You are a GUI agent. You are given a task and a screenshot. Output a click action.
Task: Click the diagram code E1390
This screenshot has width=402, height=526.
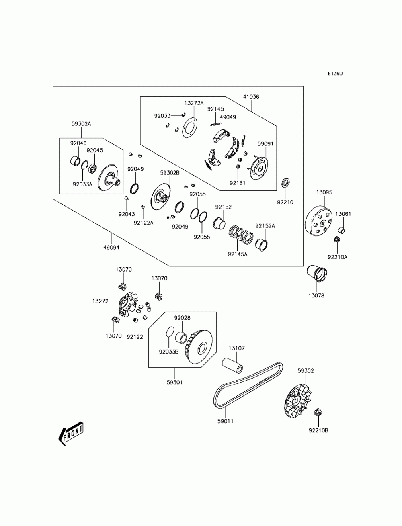pyautogui.click(x=335, y=74)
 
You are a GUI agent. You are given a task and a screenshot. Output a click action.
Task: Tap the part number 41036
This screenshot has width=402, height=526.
pyautogui.click(x=251, y=97)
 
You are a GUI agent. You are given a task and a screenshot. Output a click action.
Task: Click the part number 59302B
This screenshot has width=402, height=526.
pyautogui.click(x=170, y=173)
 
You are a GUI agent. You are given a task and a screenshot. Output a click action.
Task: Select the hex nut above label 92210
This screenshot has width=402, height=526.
pyautogui.click(x=285, y=183)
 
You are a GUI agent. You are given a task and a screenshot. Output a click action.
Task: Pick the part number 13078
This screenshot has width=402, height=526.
pyautogui.click(x=316, y=296)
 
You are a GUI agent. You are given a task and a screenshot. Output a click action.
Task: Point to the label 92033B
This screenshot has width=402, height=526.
pyautogui.click(x=169, y=352)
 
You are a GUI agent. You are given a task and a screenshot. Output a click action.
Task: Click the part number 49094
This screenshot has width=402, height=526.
pyautogui.click(x=111, y=247)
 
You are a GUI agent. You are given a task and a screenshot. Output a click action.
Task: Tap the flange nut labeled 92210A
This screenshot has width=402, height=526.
pyautogui.click(x=337, y=239)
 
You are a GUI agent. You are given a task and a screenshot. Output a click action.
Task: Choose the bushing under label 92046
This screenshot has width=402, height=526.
pyautogui.click(x=75, y=161)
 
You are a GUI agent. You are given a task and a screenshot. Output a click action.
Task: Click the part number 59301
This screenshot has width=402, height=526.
pyautogui.click(x=174, y=383)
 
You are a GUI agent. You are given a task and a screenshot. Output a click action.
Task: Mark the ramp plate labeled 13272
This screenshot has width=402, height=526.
pyautogui.click(x=127, y=305)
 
